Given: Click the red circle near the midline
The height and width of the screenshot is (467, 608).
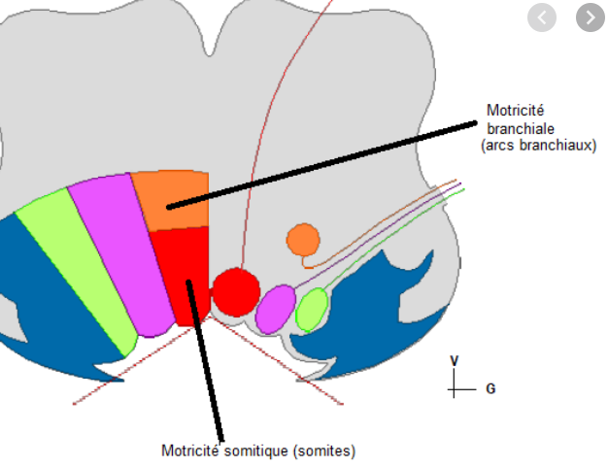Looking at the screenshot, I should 236,290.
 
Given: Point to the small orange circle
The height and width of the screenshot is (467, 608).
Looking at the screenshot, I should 303,239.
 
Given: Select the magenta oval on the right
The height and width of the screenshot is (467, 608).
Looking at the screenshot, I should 276,309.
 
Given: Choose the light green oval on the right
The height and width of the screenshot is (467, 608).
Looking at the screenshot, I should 312,310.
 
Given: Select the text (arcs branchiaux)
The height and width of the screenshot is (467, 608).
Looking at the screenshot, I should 538,145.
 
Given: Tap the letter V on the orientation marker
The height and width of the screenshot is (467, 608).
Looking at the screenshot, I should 454,361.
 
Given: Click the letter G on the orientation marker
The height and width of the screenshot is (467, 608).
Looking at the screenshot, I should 490,388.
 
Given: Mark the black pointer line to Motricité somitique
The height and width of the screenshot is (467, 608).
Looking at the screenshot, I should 206,359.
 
